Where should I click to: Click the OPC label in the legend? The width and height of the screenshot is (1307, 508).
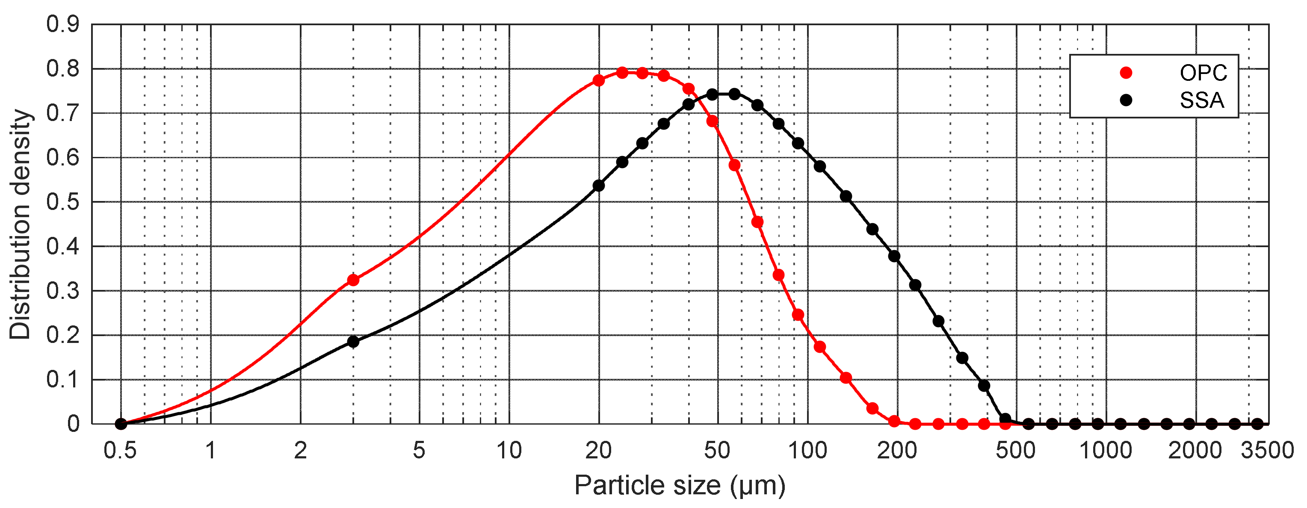1203,73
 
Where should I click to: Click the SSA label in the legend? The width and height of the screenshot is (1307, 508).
1201,100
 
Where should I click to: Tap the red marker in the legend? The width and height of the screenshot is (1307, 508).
1126,73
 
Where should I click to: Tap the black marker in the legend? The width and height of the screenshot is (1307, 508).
1126,100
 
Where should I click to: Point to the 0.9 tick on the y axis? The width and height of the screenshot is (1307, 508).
63,24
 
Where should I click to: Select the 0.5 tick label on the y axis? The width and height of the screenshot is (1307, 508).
63,202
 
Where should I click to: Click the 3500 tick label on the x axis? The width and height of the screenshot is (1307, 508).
1267,451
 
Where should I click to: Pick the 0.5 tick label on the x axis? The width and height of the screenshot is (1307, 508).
120,451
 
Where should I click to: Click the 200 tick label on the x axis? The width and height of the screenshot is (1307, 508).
896,451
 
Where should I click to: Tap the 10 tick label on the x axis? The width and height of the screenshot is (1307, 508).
509,451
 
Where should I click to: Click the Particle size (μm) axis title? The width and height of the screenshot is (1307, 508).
680,485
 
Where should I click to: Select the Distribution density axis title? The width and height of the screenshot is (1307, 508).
20,224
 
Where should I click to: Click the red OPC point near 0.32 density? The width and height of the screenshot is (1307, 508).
353,280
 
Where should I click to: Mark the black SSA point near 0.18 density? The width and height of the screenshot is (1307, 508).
353,342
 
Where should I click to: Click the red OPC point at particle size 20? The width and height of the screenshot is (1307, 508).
599,80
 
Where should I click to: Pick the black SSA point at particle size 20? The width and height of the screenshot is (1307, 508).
599,186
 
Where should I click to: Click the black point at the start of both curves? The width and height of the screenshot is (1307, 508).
121,424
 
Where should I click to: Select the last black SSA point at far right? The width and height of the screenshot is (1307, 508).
1257,424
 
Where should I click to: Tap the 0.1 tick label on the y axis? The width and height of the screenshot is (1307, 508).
63,380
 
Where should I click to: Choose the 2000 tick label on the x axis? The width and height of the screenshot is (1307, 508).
1195,451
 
